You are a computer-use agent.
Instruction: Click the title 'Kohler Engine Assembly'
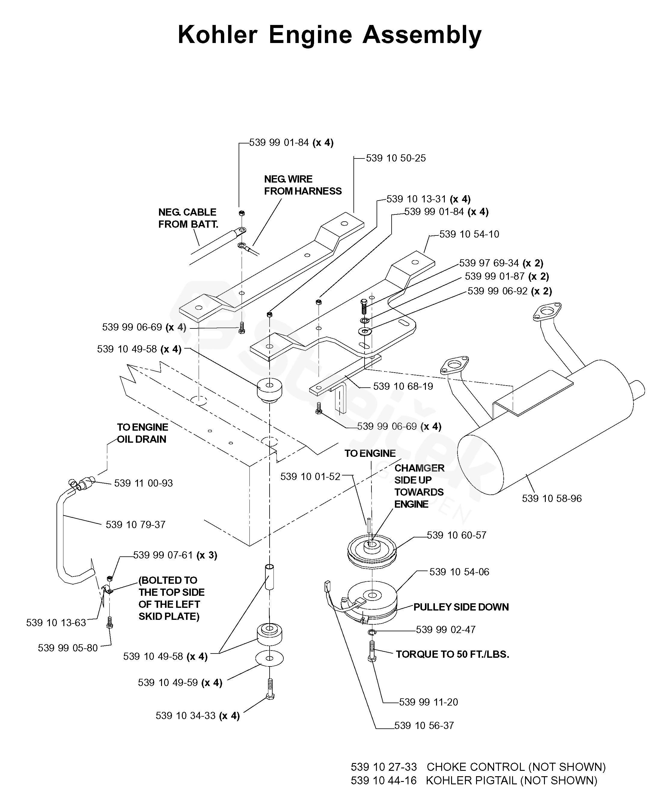pos(330,35)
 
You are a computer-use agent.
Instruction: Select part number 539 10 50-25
pos(396,158)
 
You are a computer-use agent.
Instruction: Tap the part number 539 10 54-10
pos(469,234)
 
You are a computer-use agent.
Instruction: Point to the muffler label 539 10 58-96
pos(552,499)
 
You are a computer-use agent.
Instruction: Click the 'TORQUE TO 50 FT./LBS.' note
pos(452,654)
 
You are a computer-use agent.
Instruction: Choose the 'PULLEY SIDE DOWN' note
pos(461,607)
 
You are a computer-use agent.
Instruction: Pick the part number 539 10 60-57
pos(457,535)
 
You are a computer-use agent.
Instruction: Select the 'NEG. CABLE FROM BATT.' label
pos(188,218)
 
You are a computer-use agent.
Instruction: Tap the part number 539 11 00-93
pos(143,483)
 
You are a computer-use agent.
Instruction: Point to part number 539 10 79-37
pos(136,525)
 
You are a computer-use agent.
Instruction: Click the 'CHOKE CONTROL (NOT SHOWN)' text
pos(516,767)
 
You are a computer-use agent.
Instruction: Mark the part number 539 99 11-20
pos(428,702)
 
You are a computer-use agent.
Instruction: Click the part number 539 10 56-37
pos(424,726)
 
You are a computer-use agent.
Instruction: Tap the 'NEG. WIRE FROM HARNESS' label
pos(302,185)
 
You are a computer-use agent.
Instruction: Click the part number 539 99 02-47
pos(445,630)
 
